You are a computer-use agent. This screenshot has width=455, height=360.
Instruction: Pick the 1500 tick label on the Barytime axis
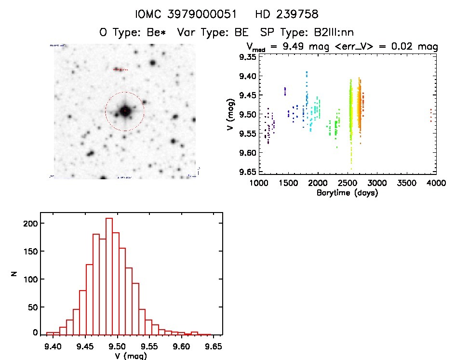pyautogui.click(x=288, y=184)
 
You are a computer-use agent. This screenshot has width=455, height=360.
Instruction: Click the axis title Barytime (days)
pyautogui.click(x=347, y=193)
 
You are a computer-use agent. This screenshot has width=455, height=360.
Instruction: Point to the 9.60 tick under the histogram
pyautogui.click(x=182, y=346)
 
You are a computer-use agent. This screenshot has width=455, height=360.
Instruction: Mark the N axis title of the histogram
pyautogui.click(x=15, y=274)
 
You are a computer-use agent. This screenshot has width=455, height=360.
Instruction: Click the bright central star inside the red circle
pyautogui.click(x=125, y=111)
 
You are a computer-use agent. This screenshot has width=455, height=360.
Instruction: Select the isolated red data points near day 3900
pyautogui.click(x=430, y=115)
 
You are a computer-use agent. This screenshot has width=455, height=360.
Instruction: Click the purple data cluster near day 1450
pyautogui.click(x=285, y=91)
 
